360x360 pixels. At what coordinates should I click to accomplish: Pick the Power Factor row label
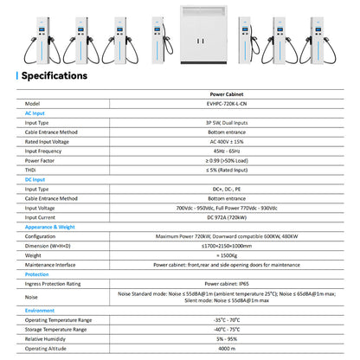click(x=40, y=161)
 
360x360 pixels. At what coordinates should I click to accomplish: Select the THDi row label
click(x=31, y=170)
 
